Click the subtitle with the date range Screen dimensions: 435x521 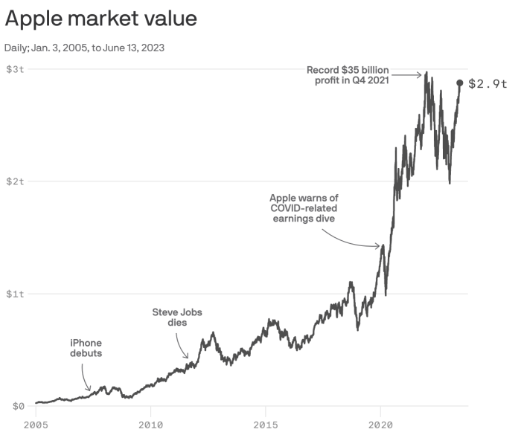[x=86, y=48]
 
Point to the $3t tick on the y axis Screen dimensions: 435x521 [x=16, y=69]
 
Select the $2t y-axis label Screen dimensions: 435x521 [x=16, y=181]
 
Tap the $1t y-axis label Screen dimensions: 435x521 [x=16, y=294]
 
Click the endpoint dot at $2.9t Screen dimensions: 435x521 [x=460, y=83]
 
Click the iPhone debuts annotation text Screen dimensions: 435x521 [x=86, y=348]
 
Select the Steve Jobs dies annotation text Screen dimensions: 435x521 [x=177, y=318]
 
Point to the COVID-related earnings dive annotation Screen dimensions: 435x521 [x=303, y=208]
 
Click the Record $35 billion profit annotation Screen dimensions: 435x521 [x=348, y=75]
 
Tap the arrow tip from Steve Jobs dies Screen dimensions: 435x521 [x=188, y=358]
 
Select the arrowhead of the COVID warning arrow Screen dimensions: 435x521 [x=380, y=246]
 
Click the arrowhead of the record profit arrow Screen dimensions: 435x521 [x=423, y=74]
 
